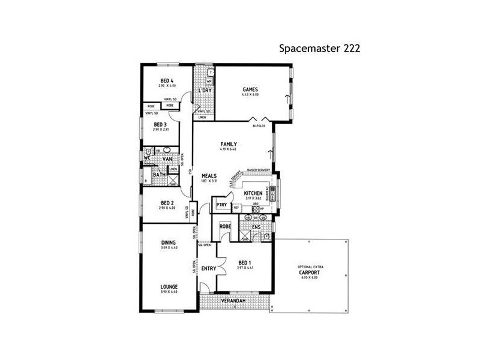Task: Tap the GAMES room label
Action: (x=250, y=89)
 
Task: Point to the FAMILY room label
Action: (x=229, y=144)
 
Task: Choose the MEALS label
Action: (x=209, y=175)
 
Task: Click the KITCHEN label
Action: (x=254, y=193)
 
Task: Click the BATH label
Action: (x=160, y=175)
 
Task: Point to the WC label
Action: (x=147, y=158)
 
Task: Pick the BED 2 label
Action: (x=167, y=203)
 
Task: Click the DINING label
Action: (x=168, y=243)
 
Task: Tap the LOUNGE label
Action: (x=168, y=287)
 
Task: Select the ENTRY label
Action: (x=208, y=268)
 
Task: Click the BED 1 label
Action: (x=244, y=263)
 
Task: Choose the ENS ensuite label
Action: (x=256, y=227)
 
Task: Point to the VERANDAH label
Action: (x=235, y=299)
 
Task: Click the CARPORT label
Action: (x=310, y=272)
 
